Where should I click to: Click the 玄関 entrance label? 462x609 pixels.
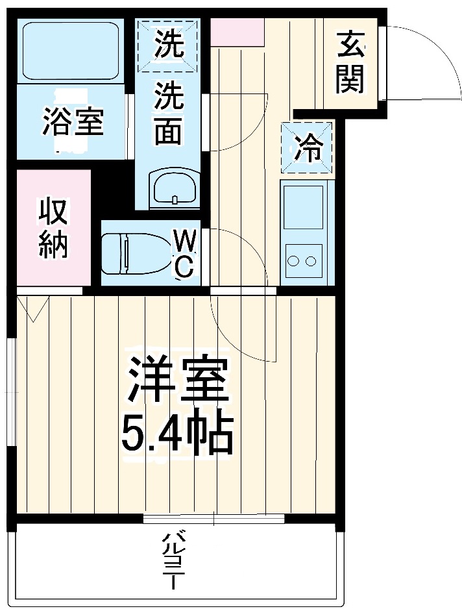[x=350, y=64]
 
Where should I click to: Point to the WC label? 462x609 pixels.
[x=184, y=256]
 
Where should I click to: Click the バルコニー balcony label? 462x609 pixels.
[x=173, y=560]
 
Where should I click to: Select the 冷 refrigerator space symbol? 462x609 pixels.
[x=306, y=147]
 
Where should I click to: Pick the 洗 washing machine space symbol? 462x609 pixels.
[x=168, y=44]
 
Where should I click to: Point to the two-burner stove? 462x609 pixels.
[x=302, y=261]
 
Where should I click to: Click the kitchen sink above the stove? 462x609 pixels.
[x=303, y=206]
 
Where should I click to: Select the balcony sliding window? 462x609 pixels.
[x=213, y=519]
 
